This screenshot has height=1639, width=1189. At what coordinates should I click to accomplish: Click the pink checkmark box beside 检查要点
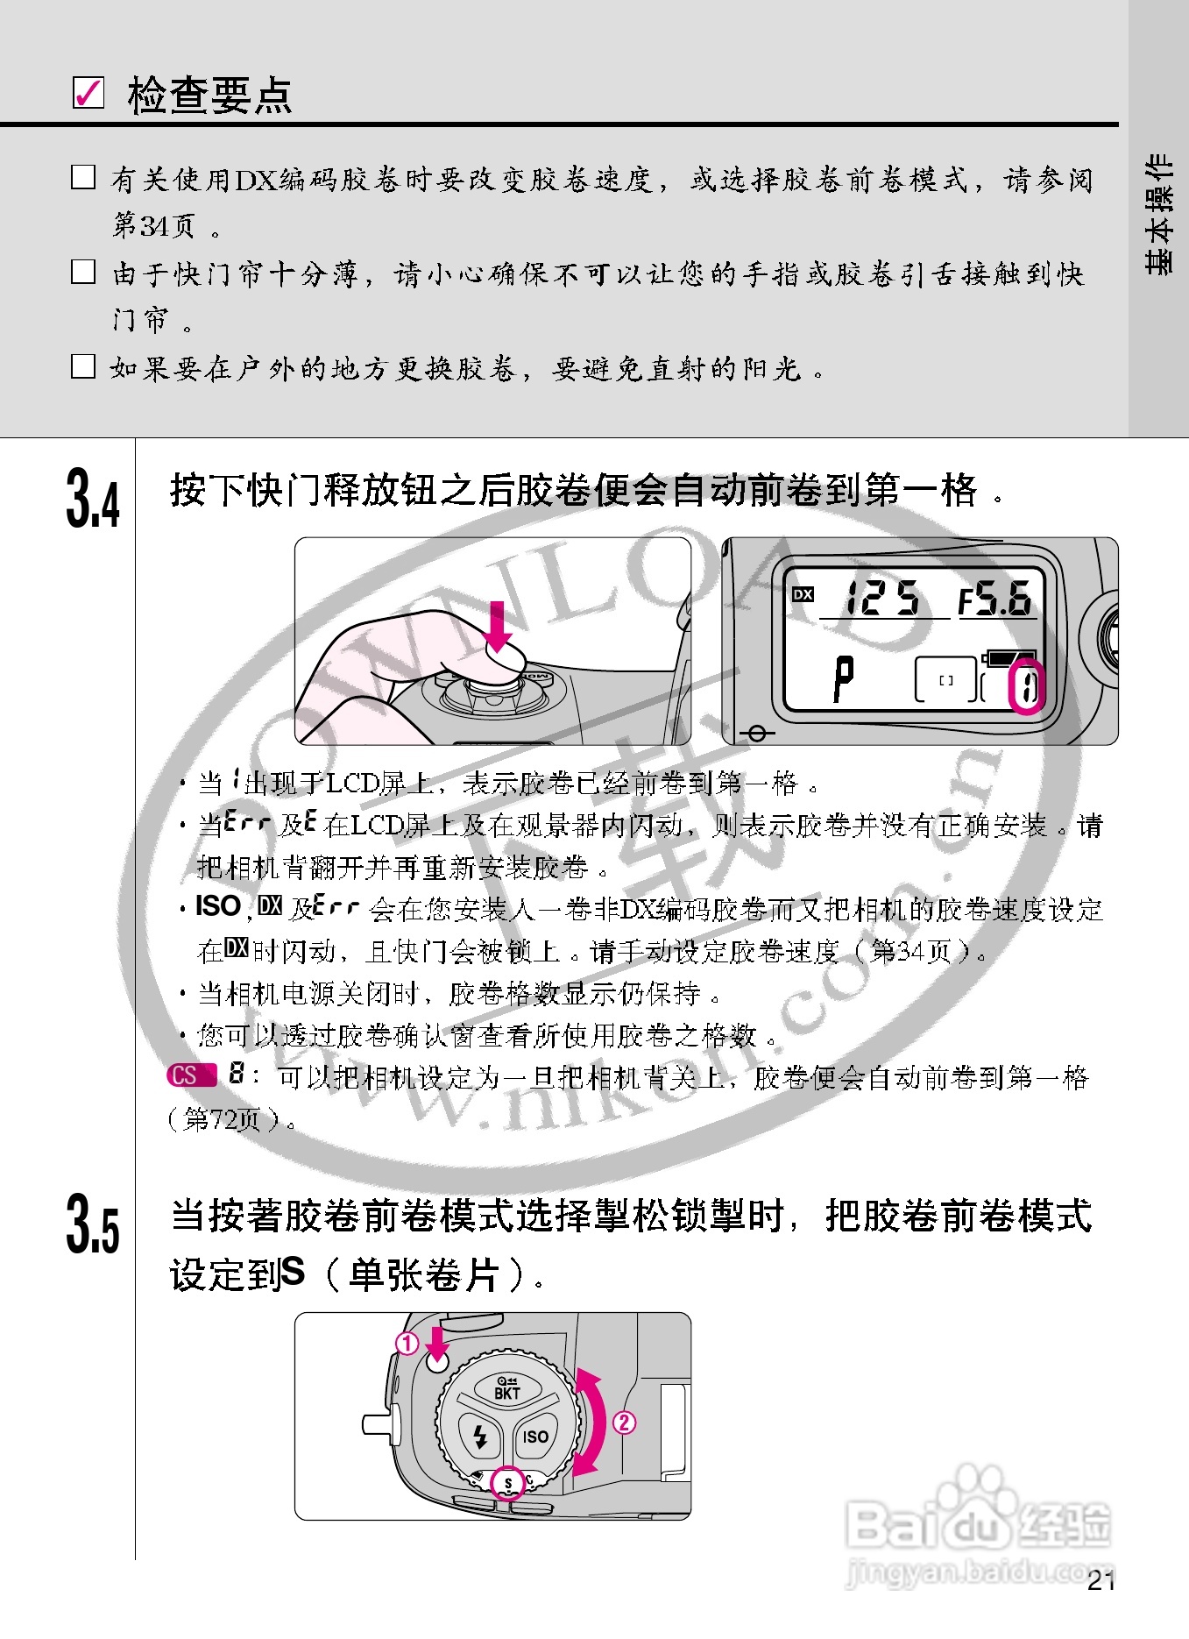tap(88, 93)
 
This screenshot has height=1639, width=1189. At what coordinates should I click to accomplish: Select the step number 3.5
tap(92, 1224)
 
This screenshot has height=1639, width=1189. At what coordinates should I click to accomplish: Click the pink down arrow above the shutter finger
tap(498, 626)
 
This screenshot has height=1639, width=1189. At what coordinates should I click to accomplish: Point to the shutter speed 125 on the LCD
tap(881, 598)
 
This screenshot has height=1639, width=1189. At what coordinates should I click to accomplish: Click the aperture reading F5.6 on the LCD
tap(994, 600)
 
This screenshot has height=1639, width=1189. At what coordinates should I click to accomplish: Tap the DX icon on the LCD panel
tap(803, 594)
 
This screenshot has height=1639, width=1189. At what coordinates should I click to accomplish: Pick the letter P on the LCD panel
tap(843, 678)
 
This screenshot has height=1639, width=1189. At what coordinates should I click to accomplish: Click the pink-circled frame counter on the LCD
tap(1026, 687)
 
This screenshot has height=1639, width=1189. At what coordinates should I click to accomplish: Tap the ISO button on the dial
tap(535, 1437)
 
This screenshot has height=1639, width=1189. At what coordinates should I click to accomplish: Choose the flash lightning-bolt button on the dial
tap(480, 1437)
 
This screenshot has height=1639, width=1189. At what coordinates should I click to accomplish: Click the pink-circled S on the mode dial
tap(508, 1483)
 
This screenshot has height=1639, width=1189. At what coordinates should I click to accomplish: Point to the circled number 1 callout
tap(407, 1343)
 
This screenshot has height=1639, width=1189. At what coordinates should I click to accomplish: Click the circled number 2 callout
tap(624, 1422)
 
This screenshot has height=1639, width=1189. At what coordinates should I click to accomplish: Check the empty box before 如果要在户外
tap(83, 366)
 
